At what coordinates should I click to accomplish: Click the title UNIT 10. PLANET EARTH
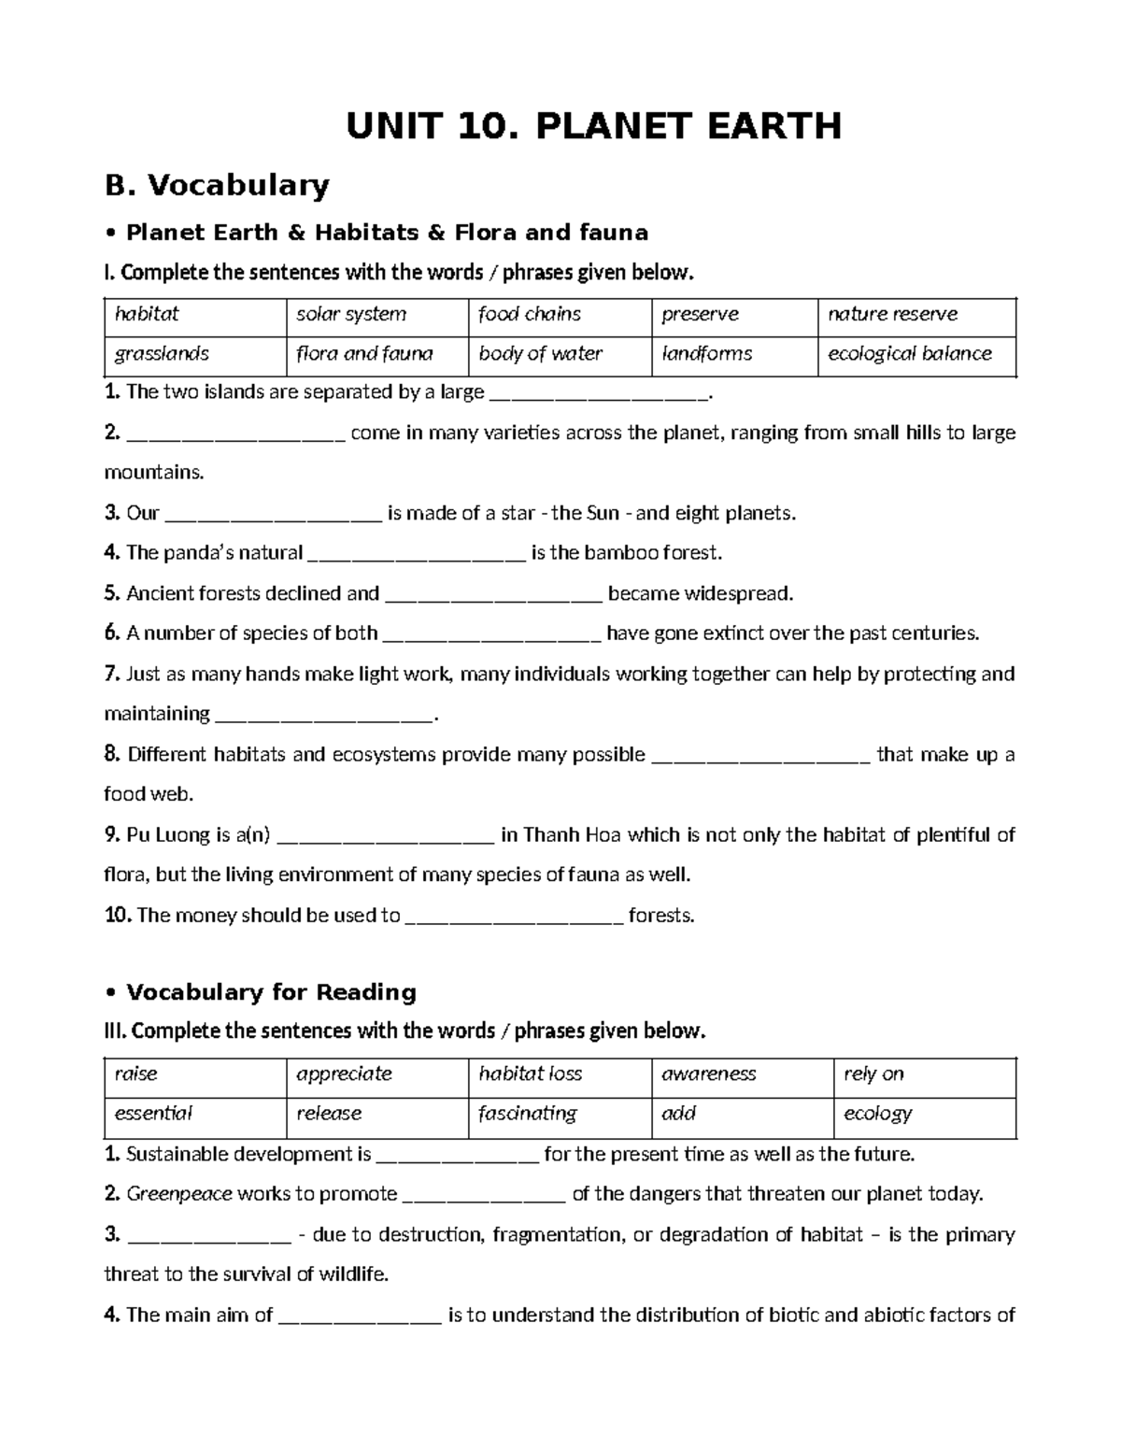tap(593, 125)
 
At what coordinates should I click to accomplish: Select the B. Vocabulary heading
tap(217, 185)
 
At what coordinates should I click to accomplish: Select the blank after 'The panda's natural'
tap(417, 553)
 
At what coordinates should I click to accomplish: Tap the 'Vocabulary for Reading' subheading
tap(271, 991)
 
